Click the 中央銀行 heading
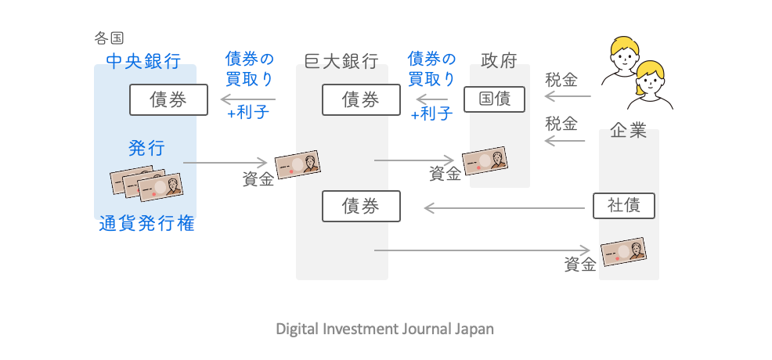pos(142,60)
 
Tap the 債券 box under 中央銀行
pos(168,100)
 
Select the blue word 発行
pos(146,148)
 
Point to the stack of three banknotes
pos(146,183)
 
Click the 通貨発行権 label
pos(146,225)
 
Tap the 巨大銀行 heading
pos(341,60)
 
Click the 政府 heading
pos(499,60)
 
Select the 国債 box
pos(494,99)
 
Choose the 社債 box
pos(623,206)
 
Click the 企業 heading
pos(628,131)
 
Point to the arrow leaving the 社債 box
pos(504,208)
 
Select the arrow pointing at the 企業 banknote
pos(482,250)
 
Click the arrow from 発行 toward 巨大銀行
pos(226,164)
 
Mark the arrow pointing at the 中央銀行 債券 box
pos(247,99)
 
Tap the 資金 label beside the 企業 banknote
pos(579,265)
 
